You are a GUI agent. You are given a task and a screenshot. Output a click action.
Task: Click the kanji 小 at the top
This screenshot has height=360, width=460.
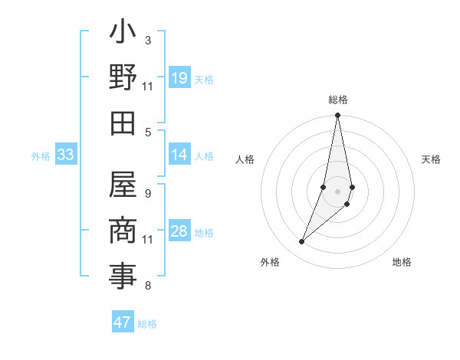tap(123, 33)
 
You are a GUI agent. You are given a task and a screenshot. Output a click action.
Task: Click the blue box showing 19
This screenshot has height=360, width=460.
tap(179, 78)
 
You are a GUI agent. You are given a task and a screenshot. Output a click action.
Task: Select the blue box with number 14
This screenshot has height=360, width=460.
tap(179, 155)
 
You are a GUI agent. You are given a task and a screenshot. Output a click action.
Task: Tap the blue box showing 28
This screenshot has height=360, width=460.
tap(179, 231)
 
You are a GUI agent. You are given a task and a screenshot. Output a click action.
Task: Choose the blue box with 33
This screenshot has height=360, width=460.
tap(65, 155)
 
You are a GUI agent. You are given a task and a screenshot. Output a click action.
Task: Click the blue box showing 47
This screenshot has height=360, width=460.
tap(123, 322)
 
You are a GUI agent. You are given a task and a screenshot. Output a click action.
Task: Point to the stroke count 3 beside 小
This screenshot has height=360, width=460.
tap(147, 40)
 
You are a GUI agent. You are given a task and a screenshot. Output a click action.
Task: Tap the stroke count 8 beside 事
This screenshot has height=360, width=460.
tap(147, 286)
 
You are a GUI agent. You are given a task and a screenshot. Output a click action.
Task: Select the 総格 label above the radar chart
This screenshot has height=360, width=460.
tap(337, 100)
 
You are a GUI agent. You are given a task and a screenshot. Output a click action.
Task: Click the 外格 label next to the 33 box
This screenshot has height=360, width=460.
tap(41, 156)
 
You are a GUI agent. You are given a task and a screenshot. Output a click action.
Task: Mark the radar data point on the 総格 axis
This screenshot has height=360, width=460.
tap(337, 116)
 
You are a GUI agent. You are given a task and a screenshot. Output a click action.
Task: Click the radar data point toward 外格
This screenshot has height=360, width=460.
tap(302, 241)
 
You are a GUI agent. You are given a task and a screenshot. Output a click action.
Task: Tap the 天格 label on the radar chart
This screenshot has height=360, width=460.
tap(431, 159)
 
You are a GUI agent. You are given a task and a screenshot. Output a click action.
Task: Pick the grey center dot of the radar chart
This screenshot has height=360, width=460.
tap(337, 191)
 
